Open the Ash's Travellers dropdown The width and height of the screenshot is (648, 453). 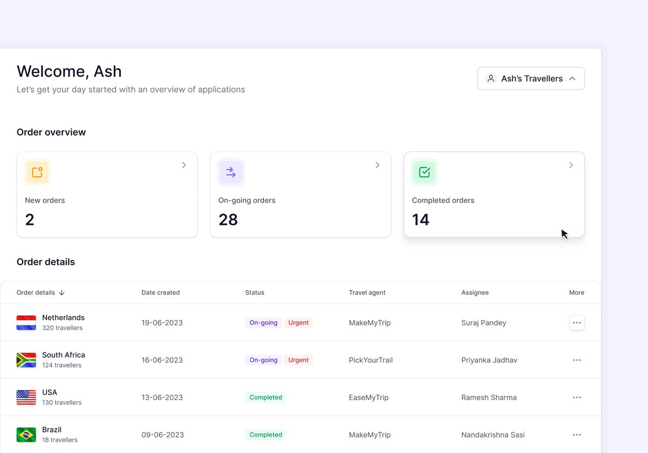531,78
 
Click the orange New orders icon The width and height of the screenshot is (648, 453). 37,172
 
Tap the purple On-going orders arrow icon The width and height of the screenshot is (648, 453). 231,172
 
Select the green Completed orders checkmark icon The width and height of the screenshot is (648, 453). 424,172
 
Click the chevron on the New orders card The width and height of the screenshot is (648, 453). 184,165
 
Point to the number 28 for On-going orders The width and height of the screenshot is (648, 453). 228,219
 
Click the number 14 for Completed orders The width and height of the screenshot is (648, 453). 421,219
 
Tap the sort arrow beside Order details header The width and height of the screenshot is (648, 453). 62,292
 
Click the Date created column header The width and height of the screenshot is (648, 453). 160,292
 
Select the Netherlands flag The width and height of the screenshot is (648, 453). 26,323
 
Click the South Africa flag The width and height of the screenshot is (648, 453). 26,360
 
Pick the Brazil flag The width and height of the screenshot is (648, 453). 26,435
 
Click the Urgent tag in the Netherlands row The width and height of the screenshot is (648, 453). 298,323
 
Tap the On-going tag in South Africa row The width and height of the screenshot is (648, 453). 264,360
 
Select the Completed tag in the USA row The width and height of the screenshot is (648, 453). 266,397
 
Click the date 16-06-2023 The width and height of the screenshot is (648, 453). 162,360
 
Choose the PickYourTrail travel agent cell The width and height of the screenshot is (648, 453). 370,360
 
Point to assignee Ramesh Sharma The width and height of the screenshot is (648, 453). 489,397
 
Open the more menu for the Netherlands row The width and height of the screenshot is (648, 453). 577,323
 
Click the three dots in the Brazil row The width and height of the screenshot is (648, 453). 577,435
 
